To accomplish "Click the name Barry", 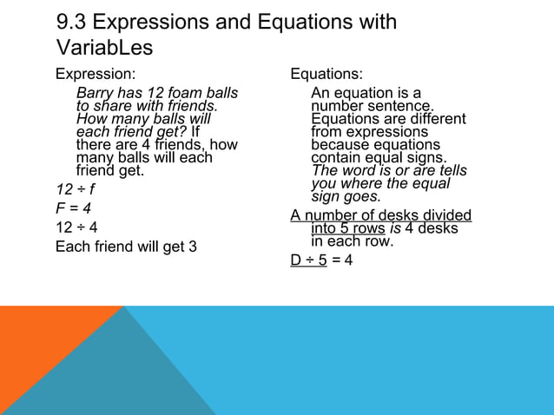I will click(x=96, y=92).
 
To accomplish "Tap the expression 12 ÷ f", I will click(x=75, y=188).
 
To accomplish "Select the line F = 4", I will click(x=74, y=208).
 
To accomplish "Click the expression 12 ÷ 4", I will click(x=76, y=228).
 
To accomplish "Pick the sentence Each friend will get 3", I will click(x=126, y=247).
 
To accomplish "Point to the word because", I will click(x=341, y=145).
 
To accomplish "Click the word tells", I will click(x=450, y=171).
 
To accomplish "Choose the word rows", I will click(x=367, y=228).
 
